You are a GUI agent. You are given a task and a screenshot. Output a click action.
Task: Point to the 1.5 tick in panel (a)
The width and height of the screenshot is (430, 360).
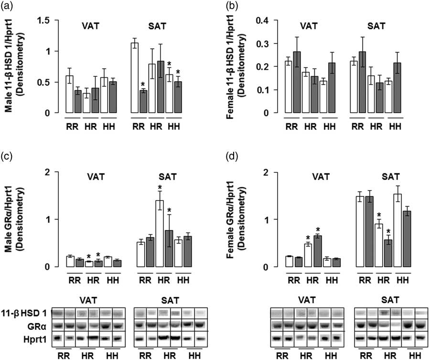43,21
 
